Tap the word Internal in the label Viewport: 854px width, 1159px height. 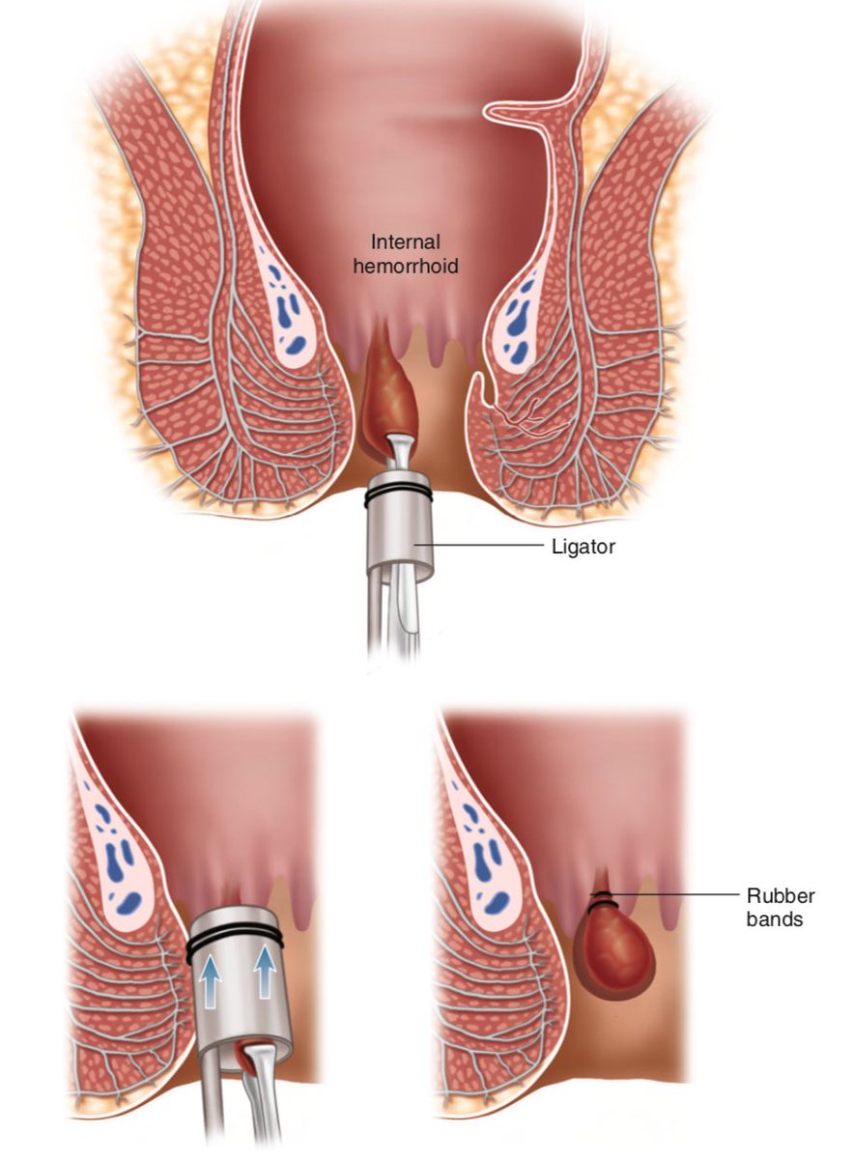pos(405,243)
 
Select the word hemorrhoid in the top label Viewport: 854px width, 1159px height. pos(405,266)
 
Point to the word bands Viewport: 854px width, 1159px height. pos(775,919)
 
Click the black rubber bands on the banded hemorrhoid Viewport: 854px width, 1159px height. pos(602,898)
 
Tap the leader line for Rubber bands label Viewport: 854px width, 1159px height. pos(676,895)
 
